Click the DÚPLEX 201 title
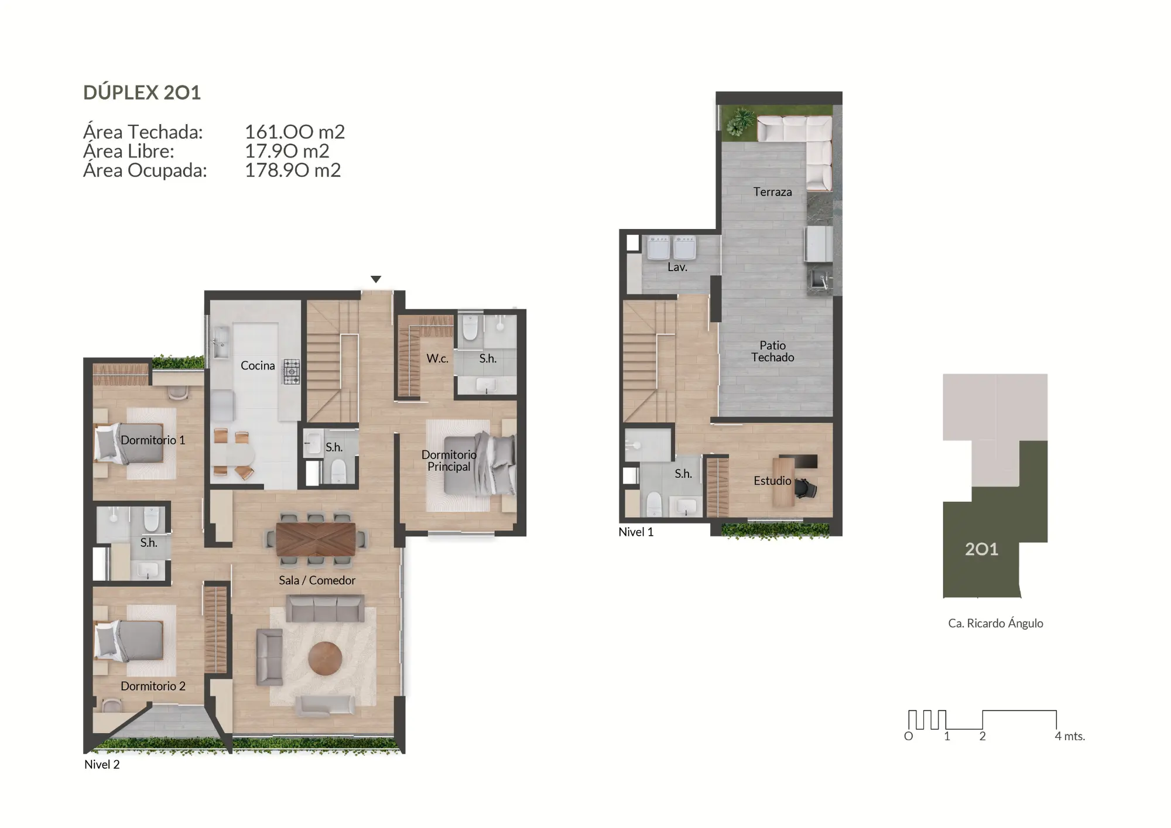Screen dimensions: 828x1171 tap(142, 93)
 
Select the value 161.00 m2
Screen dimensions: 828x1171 tap(295, 132)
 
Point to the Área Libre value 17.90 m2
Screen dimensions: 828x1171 tap(286, 151)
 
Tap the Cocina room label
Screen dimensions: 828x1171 tap(258, 365)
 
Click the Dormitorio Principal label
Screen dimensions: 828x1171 tap(448, 460)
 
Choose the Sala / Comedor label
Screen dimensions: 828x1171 tap(317, 580)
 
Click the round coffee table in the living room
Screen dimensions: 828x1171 tap(325, 658)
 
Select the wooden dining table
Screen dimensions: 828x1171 tap(316, 539)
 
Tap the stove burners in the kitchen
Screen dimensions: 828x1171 tap(292, 371)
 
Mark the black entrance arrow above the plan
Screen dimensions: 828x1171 tap(376, 279)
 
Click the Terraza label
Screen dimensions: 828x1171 tap(772, 192)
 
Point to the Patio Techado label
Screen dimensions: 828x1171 tap(772, 351)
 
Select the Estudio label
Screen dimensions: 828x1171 tap(772, 481)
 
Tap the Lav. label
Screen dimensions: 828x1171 tap(677, 267)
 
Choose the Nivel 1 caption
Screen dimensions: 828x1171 tap(636, 532)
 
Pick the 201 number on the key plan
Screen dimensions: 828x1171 tap(981, 549)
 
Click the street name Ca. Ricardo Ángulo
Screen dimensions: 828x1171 tap(995, 624)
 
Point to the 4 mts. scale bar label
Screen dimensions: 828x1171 tap(1070, 736)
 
